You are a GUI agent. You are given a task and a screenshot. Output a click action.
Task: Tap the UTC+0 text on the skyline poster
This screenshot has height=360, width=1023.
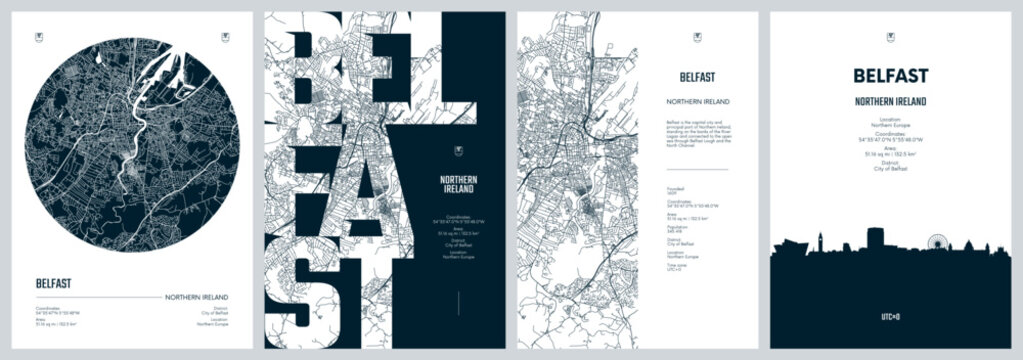coord(891,316)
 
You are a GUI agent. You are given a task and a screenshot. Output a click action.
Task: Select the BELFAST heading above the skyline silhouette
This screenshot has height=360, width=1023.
coord(890,76)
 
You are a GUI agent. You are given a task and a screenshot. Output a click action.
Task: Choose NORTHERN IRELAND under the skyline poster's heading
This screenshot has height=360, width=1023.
coord(890,102)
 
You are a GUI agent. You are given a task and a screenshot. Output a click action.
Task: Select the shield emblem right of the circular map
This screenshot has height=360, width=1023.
coord(223,39)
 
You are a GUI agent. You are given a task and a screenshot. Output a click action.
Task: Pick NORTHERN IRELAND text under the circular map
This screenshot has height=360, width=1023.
coord(195,297)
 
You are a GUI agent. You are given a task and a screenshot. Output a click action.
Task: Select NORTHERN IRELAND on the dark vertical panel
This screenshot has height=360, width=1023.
coord(458,185)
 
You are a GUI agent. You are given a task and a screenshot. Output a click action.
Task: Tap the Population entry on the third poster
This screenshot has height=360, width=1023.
coord(682,229)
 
